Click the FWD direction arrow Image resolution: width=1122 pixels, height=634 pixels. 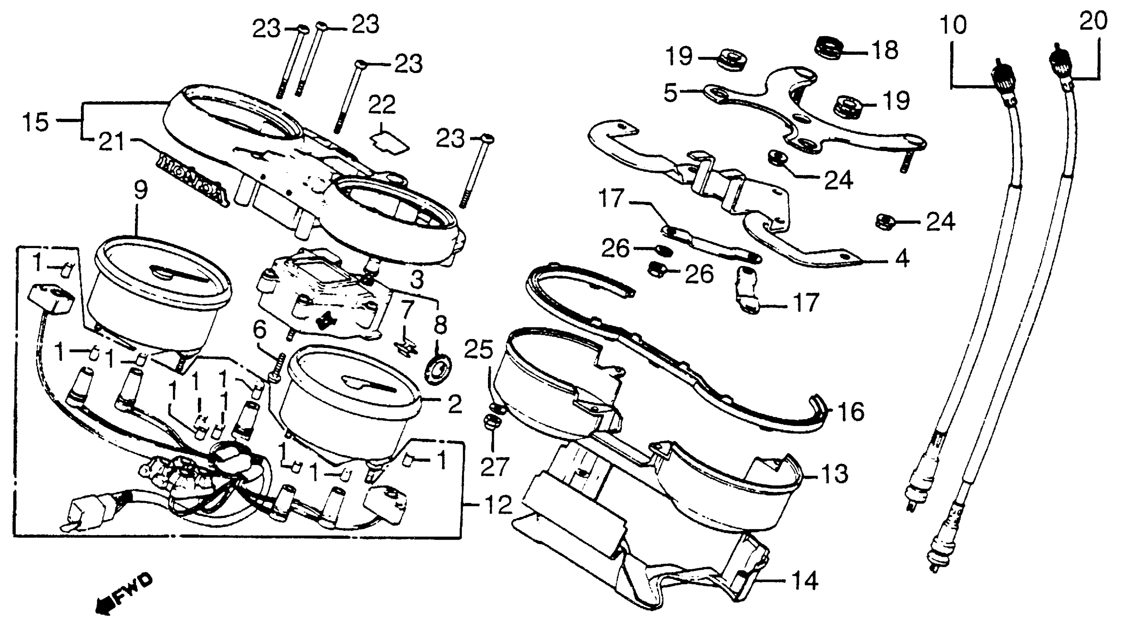pyautogui.click(x=124, y=595)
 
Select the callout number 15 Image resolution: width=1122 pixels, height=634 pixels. pyautogui.click(x=36, y=122)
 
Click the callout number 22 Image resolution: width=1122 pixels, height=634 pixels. pyautogui.click(x=382, y=104)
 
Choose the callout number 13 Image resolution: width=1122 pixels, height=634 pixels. pyautogui.click(x=833, y=474)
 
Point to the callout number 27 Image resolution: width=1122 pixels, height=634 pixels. pyautogui.click(x=495, y=466)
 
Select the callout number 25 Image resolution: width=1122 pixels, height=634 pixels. pyautogui.click(x=479, y=349)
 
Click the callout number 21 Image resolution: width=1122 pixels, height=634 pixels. pyautogui.click(x=111, y=142)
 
